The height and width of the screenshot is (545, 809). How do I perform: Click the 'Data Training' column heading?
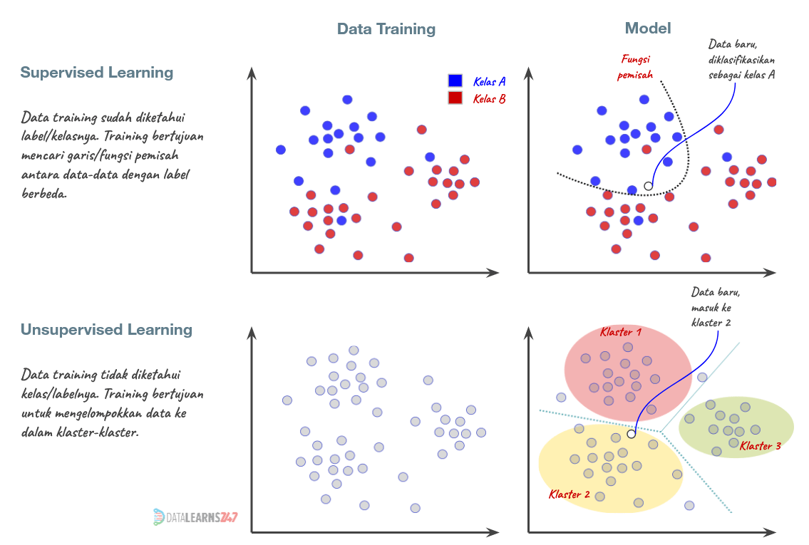[x=386, y=29]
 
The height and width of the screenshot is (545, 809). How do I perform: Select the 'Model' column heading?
[x=648, y=28]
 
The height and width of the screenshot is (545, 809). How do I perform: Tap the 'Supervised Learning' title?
[x=96, y=73]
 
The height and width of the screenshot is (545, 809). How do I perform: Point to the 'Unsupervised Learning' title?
[x=106, y=330]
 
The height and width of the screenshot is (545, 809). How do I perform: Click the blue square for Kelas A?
[x=455, y=81]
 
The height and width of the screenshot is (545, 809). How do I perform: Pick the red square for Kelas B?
[x=455, y=98]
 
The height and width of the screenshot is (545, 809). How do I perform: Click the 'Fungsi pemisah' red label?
[x=635, y=67]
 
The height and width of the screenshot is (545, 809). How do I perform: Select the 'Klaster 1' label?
[x=621, y=332]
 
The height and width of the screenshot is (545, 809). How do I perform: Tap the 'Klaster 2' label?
[x=570, y=494]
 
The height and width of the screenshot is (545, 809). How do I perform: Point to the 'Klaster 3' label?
[x=760, y=446]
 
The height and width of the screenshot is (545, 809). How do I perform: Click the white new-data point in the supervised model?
[x=648, y=186]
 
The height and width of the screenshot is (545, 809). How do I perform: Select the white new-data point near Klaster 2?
[x=631, y=433]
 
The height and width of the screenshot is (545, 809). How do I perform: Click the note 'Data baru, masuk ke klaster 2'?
[x=711, y=307]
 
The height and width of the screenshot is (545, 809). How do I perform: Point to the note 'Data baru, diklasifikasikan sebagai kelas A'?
[x=741, y=60]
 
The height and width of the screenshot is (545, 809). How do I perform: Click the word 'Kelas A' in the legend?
[x=489, y=81]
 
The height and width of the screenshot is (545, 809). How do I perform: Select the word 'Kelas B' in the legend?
[x=489, y=98]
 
